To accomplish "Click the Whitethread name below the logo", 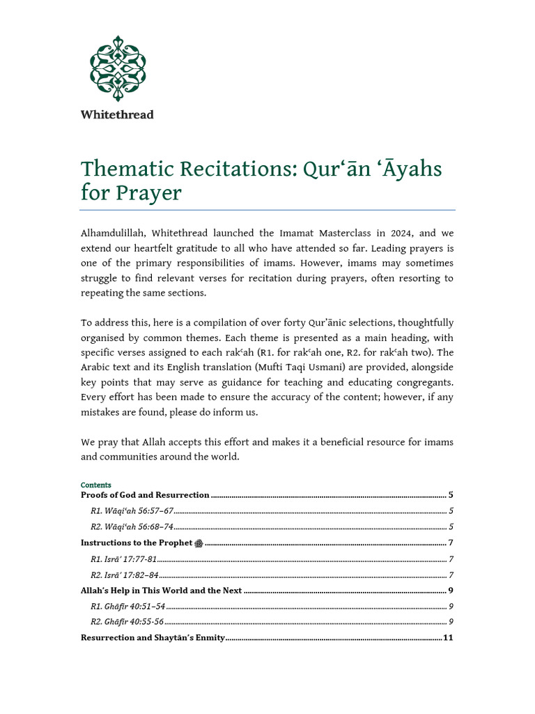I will [x=117, y=114].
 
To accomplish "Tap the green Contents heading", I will [x=95, y=485].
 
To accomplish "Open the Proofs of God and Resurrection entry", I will [x=145, y=494].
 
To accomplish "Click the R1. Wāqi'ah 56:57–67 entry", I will [x=132, y=511].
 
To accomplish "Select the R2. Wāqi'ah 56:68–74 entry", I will [x=132, y=527].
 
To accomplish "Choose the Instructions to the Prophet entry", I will [x=137, y=543].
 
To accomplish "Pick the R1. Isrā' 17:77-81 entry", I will [x=124, y=559].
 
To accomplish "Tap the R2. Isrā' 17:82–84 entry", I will [x=125, y=575].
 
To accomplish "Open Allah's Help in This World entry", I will [x=161, y=591].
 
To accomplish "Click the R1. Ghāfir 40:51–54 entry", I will [x=127, y=607].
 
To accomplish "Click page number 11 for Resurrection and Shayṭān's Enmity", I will [x=448, y=637].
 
